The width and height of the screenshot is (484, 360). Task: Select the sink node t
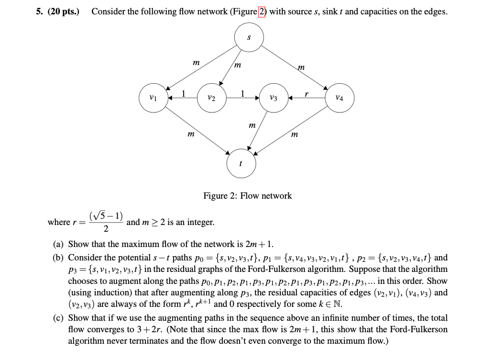click(241, 163)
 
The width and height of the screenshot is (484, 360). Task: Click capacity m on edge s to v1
click(195, 63)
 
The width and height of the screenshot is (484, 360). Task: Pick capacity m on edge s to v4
click(300, 67)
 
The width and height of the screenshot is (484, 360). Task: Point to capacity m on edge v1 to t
click(190, 135)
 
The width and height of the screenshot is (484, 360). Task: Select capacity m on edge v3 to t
click(252, 125)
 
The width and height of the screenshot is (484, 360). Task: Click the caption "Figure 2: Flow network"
click(247, 196)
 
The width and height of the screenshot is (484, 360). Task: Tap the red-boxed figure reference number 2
click(262, 11)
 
